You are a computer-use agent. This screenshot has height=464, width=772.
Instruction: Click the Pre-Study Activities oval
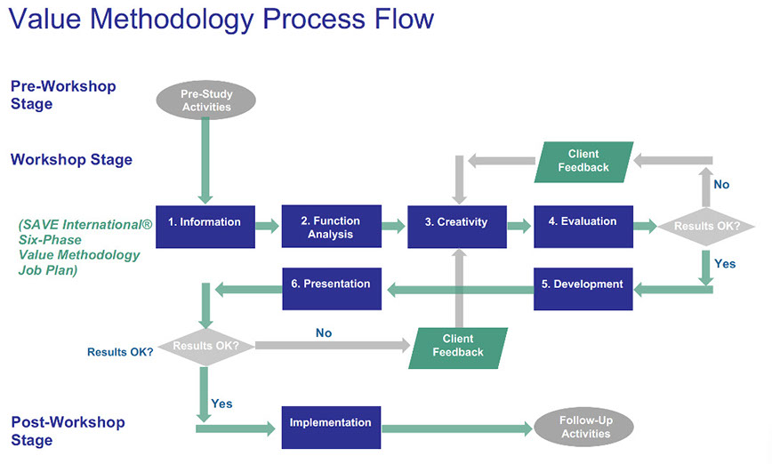[x=205, y=100]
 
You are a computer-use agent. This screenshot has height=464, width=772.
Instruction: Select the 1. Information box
[x=205, y=226]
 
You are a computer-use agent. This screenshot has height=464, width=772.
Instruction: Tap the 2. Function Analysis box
[x=331, y=227]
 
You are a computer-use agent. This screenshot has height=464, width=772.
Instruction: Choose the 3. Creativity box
[x=456, y=226]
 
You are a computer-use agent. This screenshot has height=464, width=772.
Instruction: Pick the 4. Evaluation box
[x=583, y=226]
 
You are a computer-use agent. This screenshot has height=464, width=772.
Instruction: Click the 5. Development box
[x=583, y=288]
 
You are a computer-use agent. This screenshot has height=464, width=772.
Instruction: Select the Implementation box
[x=331, y=428]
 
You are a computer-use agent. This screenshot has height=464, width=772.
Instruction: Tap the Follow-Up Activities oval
[x=585, y=428]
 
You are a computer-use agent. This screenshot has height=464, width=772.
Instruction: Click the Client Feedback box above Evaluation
[x=583, y=162]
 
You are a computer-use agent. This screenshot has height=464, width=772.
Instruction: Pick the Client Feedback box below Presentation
[x=457, y=348]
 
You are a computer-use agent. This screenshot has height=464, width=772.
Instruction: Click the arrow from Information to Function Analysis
[x=268, y=227]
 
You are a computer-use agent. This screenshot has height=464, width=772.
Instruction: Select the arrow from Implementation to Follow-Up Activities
[x=458, y=428]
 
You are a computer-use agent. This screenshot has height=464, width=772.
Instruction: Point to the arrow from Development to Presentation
[x=458, y=288]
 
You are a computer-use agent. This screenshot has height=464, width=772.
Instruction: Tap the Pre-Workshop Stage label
[x=63, y=95]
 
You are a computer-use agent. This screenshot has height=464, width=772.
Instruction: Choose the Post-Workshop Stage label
[x=68, y=431]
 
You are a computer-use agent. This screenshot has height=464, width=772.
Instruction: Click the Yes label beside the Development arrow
[x=726, y=264]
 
